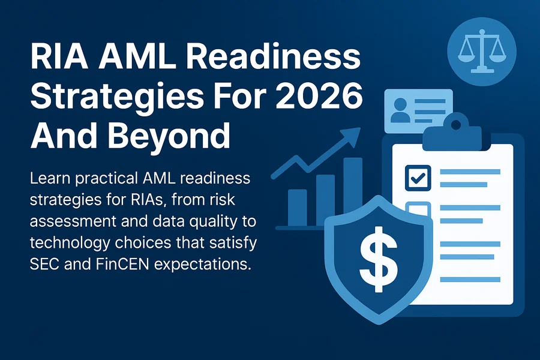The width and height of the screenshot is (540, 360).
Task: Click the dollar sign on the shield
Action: point(379,259)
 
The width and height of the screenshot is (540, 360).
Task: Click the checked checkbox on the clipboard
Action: point(418,178)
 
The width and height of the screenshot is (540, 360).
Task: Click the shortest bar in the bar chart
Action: point(297,208)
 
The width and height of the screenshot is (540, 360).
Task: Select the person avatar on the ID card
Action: point(400,110)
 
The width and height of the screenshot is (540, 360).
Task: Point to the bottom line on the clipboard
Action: point(470,280)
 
